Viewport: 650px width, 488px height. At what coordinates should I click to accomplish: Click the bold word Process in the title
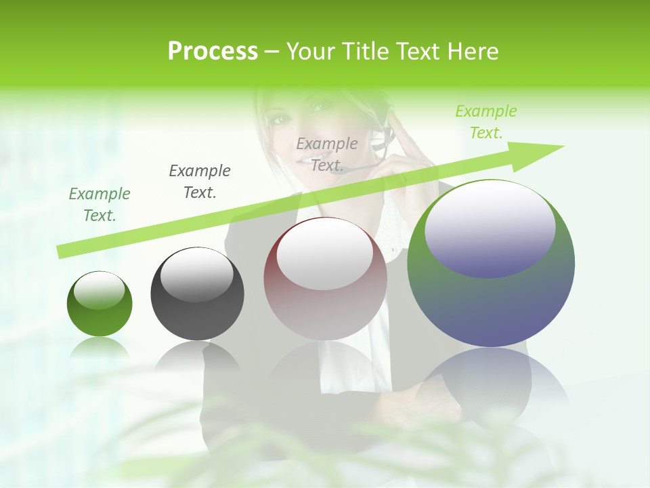(213, 52)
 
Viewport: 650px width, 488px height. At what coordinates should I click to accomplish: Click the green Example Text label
(100, 205)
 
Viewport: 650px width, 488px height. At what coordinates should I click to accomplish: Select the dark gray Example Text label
(199, 182)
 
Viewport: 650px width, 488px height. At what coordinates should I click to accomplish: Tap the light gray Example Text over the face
(327, 155)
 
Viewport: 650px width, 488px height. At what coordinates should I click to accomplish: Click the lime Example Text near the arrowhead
(485, 122)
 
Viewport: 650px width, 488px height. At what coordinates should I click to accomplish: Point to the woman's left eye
(279, 120)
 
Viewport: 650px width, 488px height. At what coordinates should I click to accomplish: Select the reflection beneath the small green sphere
(100, 349)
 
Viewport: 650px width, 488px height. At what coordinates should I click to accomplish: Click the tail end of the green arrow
(61, 252)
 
